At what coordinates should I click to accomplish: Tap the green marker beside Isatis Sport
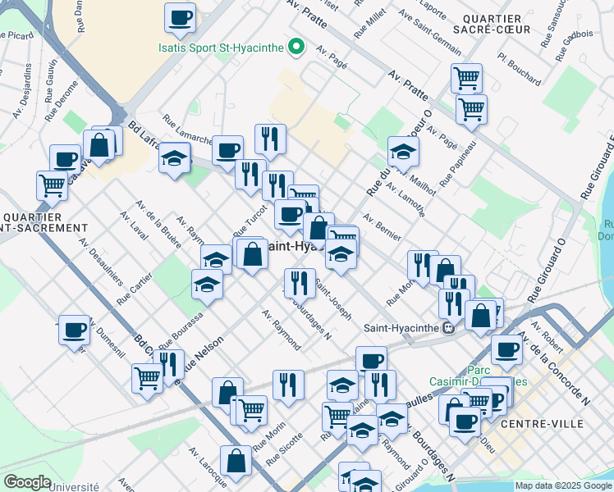click(x=298, y=48)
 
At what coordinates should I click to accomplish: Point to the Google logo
click(x=27, y=482)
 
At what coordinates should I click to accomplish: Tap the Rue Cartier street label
click(x=135, y=288)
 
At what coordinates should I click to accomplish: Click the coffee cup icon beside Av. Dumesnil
click(x=74, y=330)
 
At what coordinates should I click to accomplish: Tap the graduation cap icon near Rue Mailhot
click(x=403, y=152)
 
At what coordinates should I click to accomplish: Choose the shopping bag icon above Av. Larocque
click(x=236, y=462)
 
